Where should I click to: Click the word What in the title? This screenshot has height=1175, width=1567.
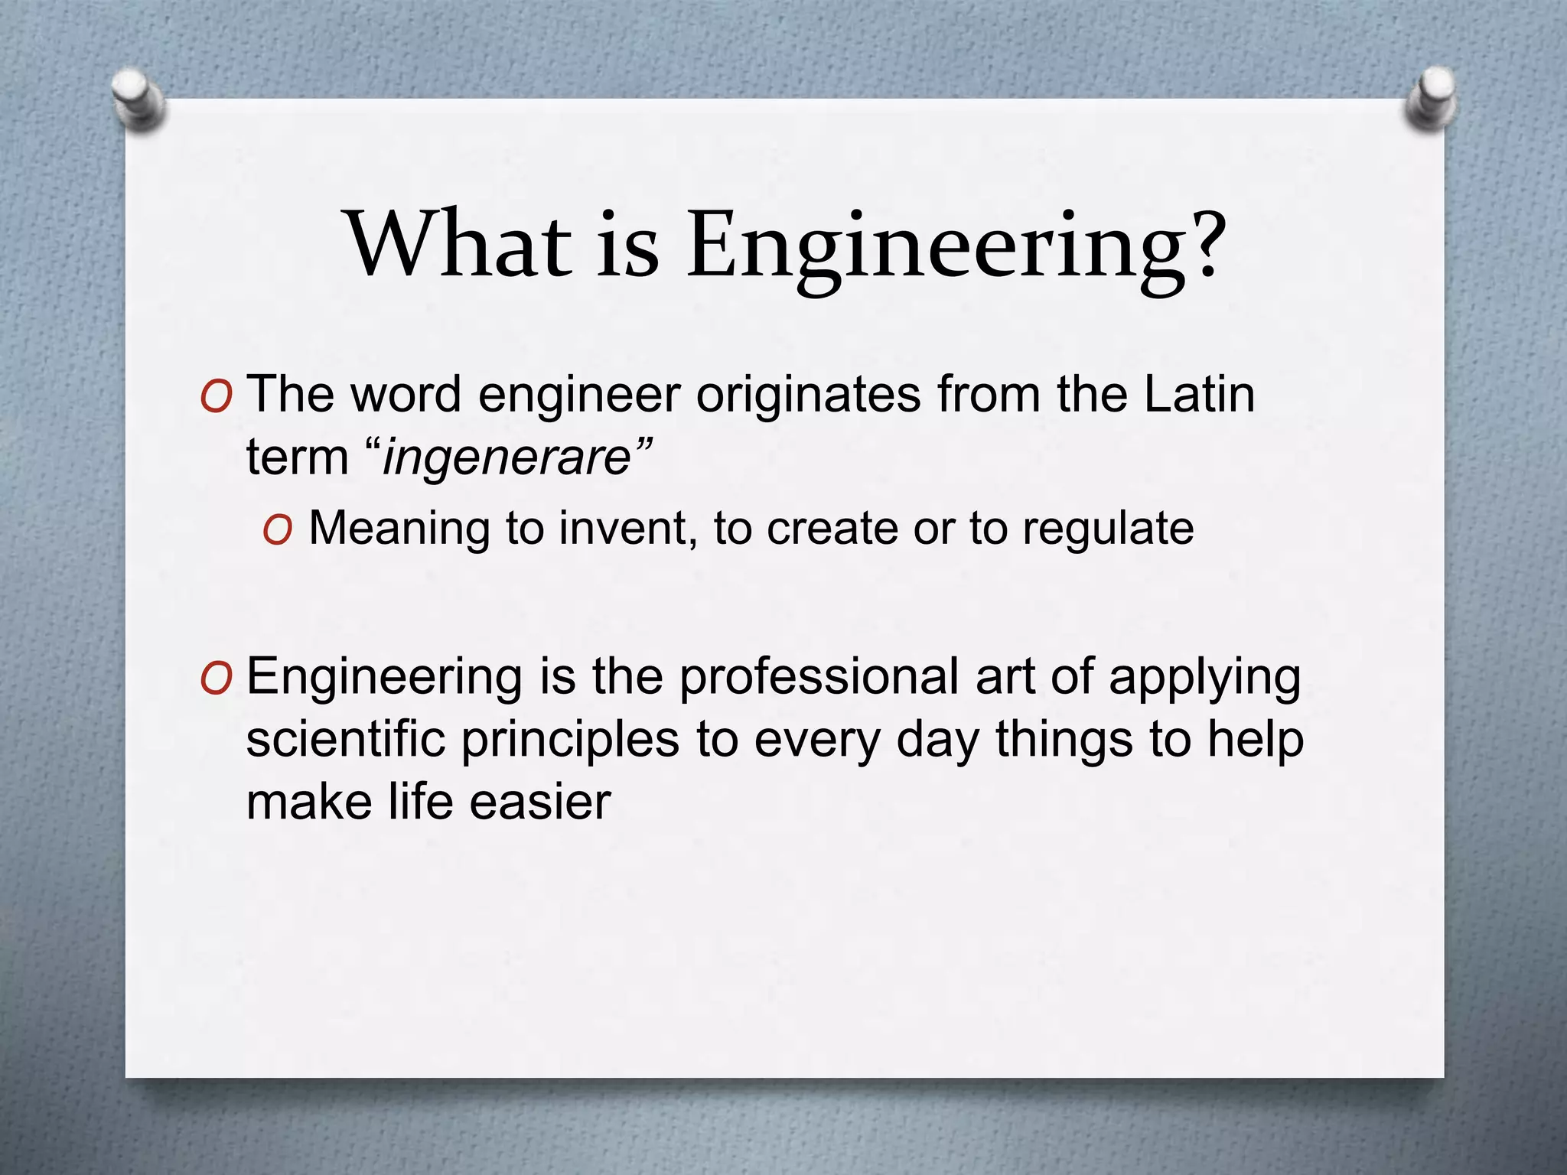click(x=459, y=245)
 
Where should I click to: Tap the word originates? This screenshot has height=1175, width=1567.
click(x=808, y=396)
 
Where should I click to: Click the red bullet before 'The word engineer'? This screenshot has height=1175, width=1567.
click(x=215, y=398)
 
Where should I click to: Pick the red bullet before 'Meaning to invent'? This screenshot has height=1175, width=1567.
click(x=276, y=530)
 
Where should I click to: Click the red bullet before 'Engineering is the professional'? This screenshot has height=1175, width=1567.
click(x=215, y=679)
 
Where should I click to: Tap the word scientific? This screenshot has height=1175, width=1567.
click(x=345, y=740)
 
